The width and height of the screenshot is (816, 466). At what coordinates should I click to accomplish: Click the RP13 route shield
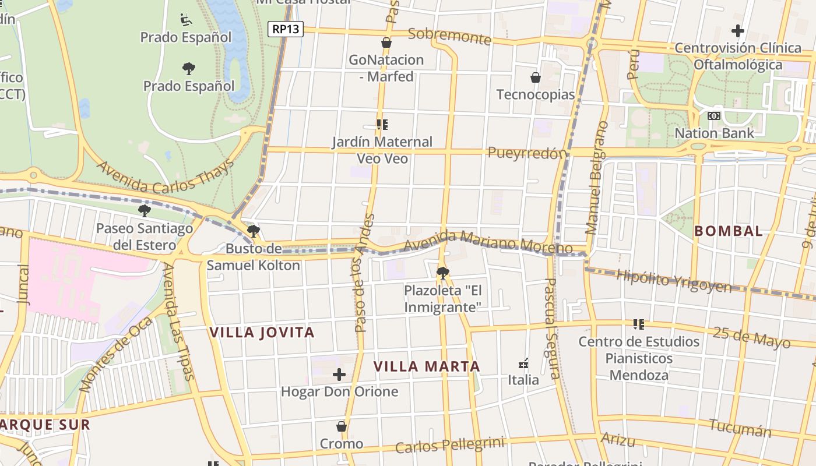pos(286,29)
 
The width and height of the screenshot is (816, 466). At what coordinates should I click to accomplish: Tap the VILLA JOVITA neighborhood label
pos(262,333)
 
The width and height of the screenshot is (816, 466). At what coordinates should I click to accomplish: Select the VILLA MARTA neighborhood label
pos(427,366)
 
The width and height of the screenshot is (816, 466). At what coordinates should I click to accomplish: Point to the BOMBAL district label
pos(729,231)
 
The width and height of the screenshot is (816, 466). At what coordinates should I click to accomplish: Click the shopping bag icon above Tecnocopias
pos(535,77)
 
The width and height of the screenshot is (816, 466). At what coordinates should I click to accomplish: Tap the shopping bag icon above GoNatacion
pos(386,43)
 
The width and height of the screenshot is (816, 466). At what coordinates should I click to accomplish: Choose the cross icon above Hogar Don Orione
pos(339,375)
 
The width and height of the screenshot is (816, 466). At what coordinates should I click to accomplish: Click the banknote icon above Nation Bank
pos(714,116)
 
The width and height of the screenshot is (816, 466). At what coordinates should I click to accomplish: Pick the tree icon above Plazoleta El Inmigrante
pos(442,273)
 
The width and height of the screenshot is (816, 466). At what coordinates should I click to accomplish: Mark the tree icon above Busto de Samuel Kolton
pos(253,231)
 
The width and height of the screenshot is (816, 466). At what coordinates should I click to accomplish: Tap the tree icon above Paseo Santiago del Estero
pos(144,211)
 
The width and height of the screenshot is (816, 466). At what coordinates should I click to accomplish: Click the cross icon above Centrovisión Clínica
pos(738,31)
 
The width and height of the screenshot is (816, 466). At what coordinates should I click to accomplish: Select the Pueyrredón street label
pos(527,153)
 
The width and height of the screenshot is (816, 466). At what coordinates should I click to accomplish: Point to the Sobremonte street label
pos(449,36)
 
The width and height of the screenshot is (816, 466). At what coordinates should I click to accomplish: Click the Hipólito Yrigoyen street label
pos(673,280)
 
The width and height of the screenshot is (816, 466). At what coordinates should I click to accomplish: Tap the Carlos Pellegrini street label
pos(449,445)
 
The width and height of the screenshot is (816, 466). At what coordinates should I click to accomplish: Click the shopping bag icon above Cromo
pos(342,427)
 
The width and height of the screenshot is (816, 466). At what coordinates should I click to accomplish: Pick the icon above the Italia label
pos(523,363)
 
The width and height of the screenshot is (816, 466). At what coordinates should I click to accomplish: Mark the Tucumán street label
pos(741,428)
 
